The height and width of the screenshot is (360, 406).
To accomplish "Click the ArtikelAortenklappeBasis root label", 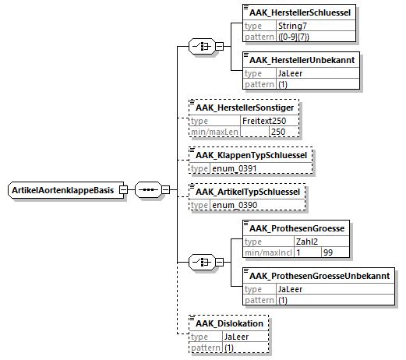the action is [63, 190].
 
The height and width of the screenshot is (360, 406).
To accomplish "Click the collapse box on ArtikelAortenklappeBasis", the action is [123, 190].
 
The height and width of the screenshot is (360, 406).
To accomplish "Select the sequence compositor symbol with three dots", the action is [148, 190].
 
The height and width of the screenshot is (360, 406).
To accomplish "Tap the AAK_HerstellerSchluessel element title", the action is [300, 12].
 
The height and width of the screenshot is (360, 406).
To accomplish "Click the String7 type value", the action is [292, 26].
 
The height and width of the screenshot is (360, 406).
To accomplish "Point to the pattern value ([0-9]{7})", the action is [294, 37].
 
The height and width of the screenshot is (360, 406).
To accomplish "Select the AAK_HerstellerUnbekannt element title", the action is [302, 60].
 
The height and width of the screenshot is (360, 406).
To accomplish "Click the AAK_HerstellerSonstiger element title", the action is [245, 108].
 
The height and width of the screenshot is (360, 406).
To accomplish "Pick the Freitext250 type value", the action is [264, 121].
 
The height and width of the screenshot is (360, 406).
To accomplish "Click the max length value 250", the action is [278, 132].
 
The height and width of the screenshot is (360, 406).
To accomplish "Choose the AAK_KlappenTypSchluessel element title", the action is [251, 155].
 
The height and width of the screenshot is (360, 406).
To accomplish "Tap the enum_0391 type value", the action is [235, 169].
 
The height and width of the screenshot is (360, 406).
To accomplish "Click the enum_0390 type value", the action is [235, 205].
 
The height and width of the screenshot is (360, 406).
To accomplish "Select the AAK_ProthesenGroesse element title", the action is [297, 228].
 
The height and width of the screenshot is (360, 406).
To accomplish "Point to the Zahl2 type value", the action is [307, 242].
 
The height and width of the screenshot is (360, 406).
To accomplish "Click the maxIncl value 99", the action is [328, 252].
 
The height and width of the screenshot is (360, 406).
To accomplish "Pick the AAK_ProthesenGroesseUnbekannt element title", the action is [320, 276].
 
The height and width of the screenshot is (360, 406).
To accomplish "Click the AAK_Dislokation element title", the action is [229, 323].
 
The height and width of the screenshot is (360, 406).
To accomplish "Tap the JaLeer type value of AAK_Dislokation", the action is [236, 337].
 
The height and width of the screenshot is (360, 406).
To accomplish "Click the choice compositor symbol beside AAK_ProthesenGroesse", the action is [202, 262].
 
